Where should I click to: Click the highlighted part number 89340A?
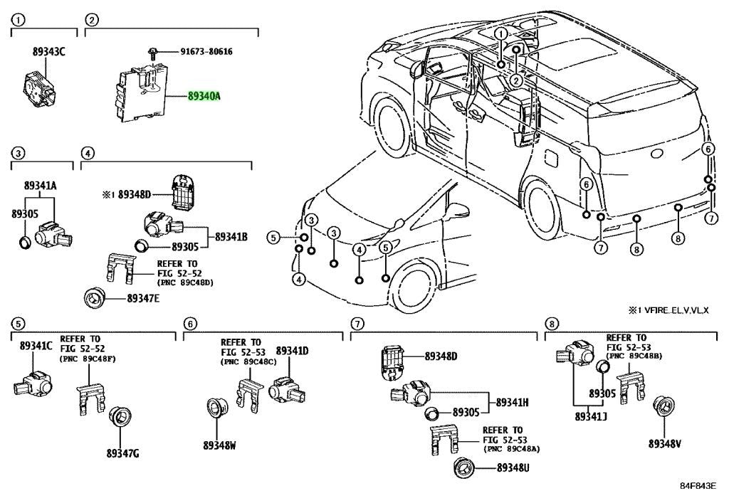[x=204, y=97]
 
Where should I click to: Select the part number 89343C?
[x=49, y=52]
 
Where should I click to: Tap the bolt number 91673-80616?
[x=206, y=51]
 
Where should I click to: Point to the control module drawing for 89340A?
[x=141, y=92]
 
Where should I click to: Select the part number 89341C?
[x=36, y=346]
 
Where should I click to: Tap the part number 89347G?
[x=122, y=453]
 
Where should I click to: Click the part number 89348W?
[x=219, y=445]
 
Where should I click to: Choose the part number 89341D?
[x=292, y=351]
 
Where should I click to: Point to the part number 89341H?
[x=512, y=402]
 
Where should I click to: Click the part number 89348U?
[x=513, y=467]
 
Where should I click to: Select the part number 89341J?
[x=591, y=417]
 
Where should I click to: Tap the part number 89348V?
[x=665, y=444]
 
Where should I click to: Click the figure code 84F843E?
[x=698, y=486]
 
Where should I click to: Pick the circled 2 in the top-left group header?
[x=92, y=20]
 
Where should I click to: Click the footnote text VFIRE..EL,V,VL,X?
[x=676, y=310]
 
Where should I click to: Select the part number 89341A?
[x=41, y=186]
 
